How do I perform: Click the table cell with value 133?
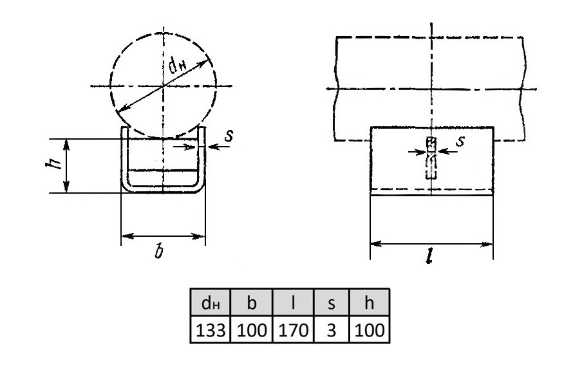pyautogui.click(x=211, y=329)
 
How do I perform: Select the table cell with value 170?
pyautogui.click(x=293, y=329)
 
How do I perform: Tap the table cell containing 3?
pyautogui.click(x=332, y=329)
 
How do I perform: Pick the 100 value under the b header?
pyautogui.click(x=252, y=329)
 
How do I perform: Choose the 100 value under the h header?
pyautogui.click(x=370, y=329)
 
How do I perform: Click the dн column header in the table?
pyautogui.click(x=211, y=302)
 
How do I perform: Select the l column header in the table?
pyautogui.click(x=293, y=302)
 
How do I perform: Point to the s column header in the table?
pyautogui.click(x=332, y=302)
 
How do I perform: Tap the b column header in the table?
pyautogui.click(x=252, y=302)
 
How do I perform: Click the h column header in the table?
pyautogui.click(x=370, y=302)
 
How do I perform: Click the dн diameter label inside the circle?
pyautogui.click(x=178, y=66)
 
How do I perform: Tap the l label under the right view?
pyautogui.click(x=429, y=255)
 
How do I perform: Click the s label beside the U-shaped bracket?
pyautogui.click(x=229, y=135)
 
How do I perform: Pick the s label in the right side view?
pyautogui.click(x=460, y=140)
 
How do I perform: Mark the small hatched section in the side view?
pyautogui.click(x=431, y=142)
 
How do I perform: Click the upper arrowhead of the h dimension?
pyautogui.click(x=66, y=144)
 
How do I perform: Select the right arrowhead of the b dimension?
pyautogui.click(x=200, y=236)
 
